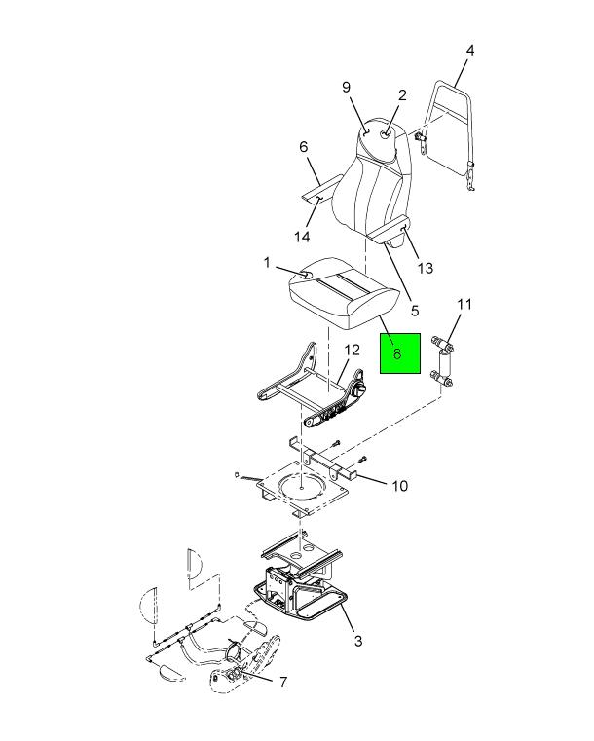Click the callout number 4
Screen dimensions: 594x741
coord(469,51)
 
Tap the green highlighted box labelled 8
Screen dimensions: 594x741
coord(400,353)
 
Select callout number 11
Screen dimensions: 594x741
coord(464,304)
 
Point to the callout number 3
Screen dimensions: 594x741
coord(358,641)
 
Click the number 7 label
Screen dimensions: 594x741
coord(283,682)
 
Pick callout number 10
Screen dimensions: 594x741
coord(400,486)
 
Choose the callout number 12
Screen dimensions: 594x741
coord(353,351)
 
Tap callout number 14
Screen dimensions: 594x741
coord(302,237)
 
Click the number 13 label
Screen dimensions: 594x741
coord(426,268)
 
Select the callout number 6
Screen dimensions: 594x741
coord(304,147)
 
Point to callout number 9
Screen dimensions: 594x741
coord(346,87)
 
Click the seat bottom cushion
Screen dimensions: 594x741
coord(341,292)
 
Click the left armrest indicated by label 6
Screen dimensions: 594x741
coord(321,188)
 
